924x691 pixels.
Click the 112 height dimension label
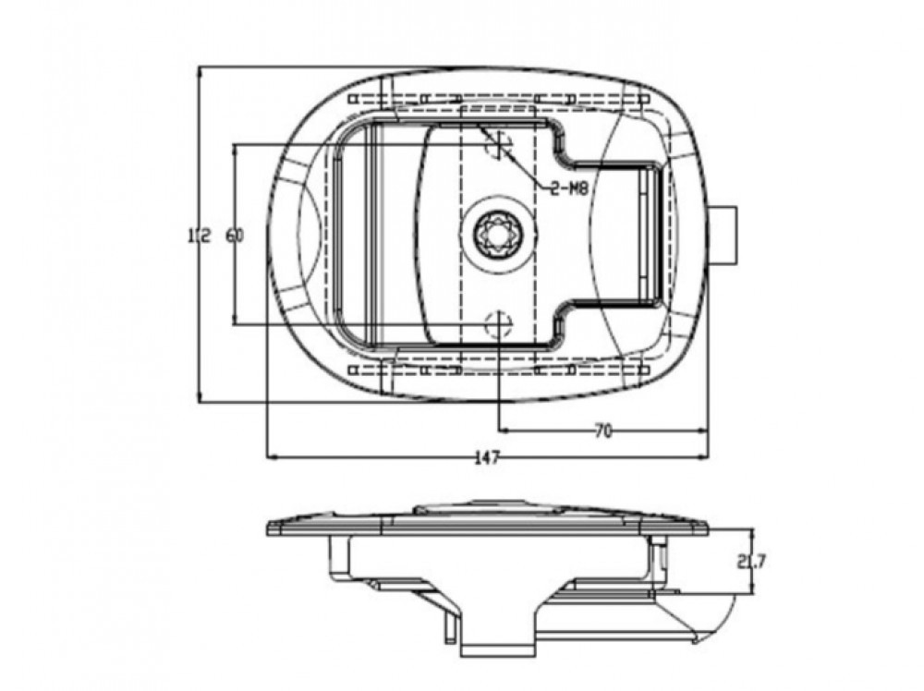tap(200, 236)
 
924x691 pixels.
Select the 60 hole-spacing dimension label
tap(234, 236)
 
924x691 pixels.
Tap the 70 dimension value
tap(602, 431)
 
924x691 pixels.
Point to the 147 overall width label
tap(487, 457)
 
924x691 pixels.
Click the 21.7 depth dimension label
tap(750, 562)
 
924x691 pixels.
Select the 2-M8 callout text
tap(569, 188)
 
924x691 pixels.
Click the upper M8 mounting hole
tap(499, 143)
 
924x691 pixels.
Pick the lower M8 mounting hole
tap(499, 324)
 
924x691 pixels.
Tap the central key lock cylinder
tap(499, 234)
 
